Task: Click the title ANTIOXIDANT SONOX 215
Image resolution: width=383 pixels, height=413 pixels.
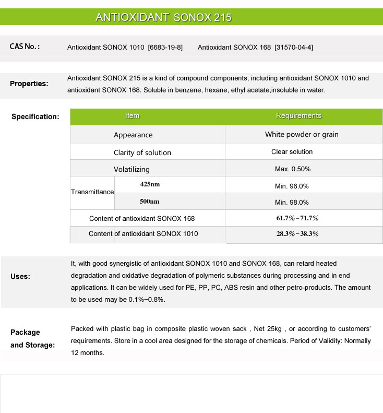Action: [163, 17]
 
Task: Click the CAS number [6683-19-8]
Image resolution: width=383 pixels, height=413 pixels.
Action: [165, 48]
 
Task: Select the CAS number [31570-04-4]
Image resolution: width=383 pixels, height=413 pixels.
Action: [294, 48]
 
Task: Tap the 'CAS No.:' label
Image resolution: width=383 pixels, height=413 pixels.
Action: [25, 47]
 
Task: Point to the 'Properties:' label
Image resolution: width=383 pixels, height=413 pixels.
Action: [29, 84]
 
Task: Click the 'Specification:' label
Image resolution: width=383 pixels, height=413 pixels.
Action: [35, 116]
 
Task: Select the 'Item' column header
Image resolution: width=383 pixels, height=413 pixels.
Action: [133, 116]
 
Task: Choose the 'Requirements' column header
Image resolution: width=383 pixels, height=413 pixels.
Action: [298, 116]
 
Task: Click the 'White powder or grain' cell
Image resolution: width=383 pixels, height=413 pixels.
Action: [302, 135]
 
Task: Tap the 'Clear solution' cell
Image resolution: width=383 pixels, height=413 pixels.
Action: [292, 152]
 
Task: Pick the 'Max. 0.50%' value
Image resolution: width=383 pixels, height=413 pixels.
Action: [293, 169]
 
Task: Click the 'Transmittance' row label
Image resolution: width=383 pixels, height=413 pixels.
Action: [92, 192]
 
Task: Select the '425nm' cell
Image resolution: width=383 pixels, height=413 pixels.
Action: [150, 184]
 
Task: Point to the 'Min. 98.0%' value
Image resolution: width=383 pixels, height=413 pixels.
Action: [292, 203]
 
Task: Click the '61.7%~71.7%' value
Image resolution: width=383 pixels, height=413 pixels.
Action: [297, 218]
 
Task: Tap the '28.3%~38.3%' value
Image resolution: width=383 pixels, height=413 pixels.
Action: [297, 234]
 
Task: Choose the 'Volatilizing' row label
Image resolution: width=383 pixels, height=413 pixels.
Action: [131, 169]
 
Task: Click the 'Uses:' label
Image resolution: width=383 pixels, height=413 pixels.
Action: [20, 276]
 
